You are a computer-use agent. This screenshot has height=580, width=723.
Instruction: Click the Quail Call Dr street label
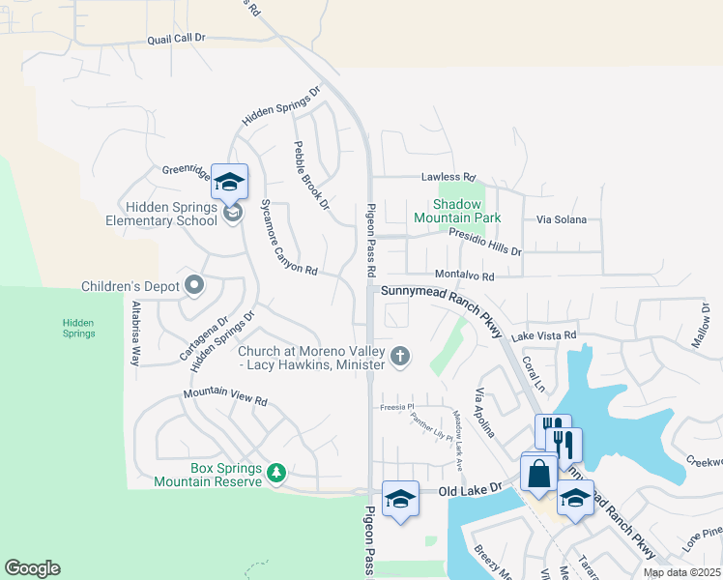pyautogui.click(x=177, y=38)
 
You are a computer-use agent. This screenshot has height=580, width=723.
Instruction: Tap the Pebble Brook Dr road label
pyautogui.click(x=311, y=175)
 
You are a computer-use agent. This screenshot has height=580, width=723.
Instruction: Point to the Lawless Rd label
pyautogui.click(x=448, y=178)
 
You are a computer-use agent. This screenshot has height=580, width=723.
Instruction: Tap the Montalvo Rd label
pyautogui.click(x=464, y=275)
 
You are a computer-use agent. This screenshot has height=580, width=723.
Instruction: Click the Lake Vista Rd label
pyautogui.click(x=544, y=335)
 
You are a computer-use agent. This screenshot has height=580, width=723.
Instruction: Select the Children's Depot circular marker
pyautogui.click(x=194, y=285)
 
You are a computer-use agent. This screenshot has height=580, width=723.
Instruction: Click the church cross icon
pyautogui.click(x=399, y=358)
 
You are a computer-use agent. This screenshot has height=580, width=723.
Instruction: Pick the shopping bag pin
pyautogui.click(x=538, y=474)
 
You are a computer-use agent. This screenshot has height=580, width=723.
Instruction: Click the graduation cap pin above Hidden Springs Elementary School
pyautogui.click(x=229, y=182)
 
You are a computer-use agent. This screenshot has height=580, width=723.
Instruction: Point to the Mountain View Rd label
pyautogui.click(x=224, y=397)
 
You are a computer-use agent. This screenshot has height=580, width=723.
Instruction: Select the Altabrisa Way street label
pyautogui.click(x=135, y=332)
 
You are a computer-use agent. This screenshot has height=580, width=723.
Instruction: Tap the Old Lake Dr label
pyautogui.click(x=472, y=490)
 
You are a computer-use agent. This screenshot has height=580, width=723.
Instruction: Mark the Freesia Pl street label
pyautogui.click(x=395, y=407)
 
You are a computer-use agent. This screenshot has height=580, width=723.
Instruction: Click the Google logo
pyautogui.click(x=32, y=568)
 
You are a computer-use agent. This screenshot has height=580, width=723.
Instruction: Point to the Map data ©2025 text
pyautogui.click(x=681, y=572)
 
